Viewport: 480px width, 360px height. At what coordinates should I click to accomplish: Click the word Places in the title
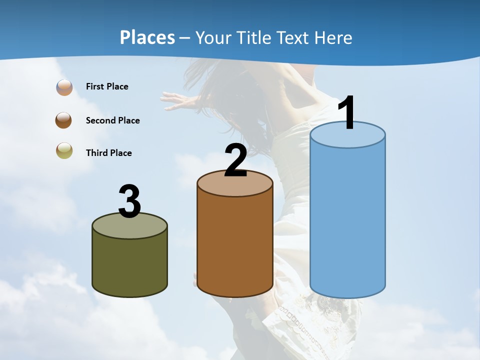[147, 37]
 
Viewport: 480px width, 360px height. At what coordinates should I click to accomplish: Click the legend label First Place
[107, 86]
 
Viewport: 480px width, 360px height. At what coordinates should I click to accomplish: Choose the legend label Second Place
[112, 120]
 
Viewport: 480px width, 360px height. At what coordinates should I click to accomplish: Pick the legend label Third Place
[108, 153]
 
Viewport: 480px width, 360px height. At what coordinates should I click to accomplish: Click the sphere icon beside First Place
[64, 87]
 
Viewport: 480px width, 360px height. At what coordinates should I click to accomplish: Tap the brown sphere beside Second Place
[63, 120]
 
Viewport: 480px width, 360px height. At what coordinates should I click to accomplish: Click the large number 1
[347, 113]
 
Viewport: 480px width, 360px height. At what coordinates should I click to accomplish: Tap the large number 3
[129, 201]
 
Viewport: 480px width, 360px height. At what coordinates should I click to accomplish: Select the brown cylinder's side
[235, 245]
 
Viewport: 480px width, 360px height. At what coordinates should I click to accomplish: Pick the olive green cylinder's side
[129, 262]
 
